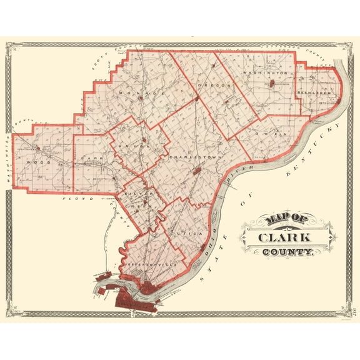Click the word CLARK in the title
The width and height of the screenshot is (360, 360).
[287, 238]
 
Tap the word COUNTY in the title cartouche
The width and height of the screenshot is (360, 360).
[289, 252]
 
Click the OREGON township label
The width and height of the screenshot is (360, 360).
[206, 84]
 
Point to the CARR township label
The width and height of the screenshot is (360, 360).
[93, 159]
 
